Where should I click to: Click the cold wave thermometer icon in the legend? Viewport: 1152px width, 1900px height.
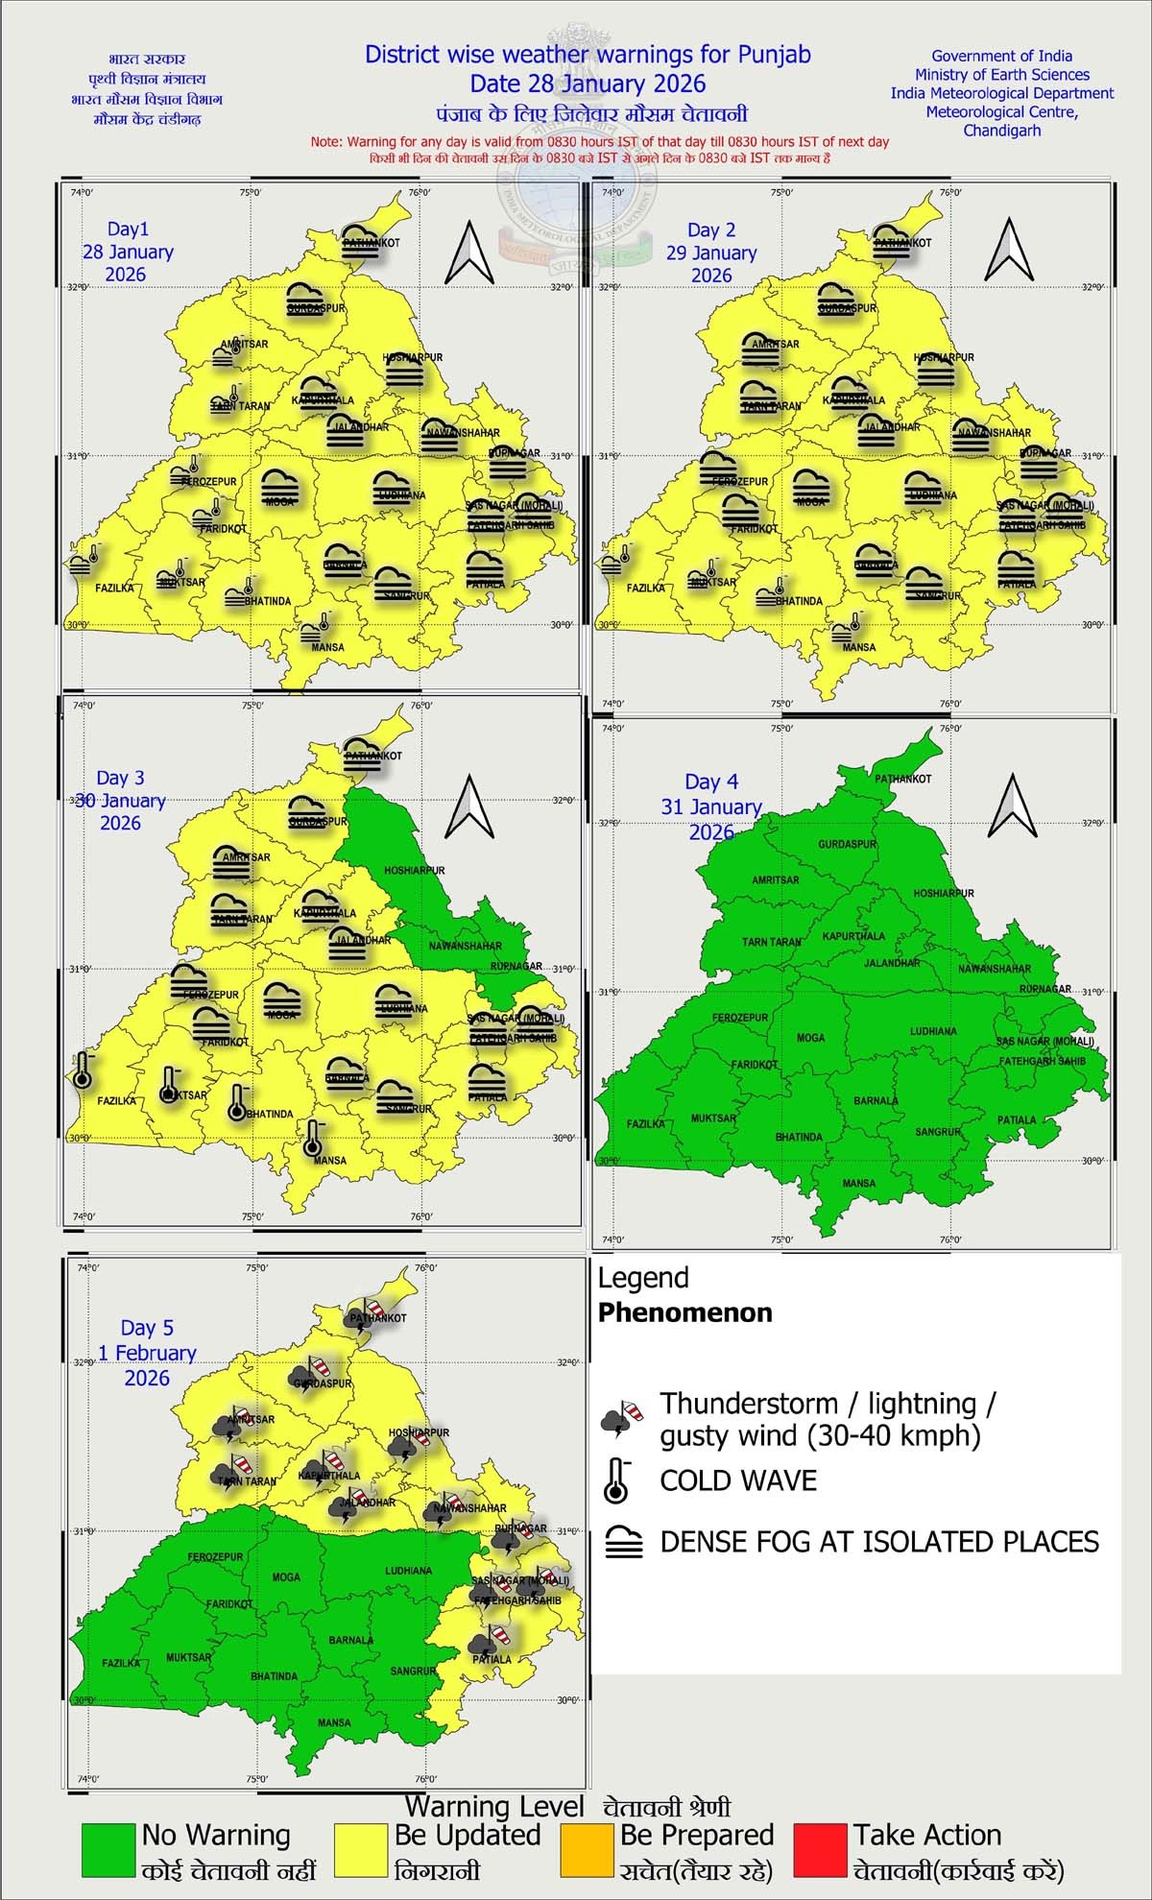click(x=614, y=1480)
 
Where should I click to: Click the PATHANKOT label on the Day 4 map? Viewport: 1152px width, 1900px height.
click(x=902, y=779)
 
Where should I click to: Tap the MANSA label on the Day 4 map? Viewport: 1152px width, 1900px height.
click(x=859, y=1184)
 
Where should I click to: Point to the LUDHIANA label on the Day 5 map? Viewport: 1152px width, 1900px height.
click(x=407, y=1571)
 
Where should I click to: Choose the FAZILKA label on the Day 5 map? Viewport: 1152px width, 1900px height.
click(x=121, y=1663)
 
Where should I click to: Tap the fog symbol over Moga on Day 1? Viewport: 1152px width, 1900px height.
click(x=279, y=485)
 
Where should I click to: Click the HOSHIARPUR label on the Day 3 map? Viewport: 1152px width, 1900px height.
click(x=415, y=871)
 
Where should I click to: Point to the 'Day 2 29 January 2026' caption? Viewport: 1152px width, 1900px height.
click(x=711, y=253)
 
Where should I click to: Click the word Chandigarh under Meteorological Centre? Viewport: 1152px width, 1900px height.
click(x=1001, y=131)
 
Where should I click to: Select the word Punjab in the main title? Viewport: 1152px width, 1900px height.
click(x=774, y=55)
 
